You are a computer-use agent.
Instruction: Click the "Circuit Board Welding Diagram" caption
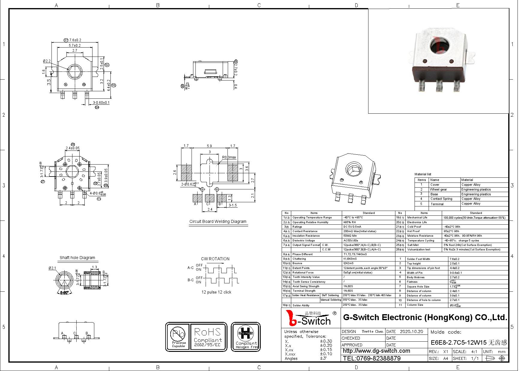[218, 221]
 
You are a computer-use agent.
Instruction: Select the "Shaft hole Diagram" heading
[77, 258]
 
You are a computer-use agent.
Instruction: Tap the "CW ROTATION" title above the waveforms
[215, 259]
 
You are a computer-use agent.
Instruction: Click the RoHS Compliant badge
[208, 337]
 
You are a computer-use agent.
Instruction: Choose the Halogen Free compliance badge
[246, 337]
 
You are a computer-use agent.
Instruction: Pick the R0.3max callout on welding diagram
[229, 157]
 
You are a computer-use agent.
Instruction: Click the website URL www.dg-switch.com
[376, 351]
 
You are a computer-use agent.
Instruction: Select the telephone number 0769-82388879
[372, 358]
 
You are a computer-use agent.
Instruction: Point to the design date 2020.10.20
[412, 332]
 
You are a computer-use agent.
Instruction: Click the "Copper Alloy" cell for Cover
[471, 185]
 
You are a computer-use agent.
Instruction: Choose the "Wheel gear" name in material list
[438, 189]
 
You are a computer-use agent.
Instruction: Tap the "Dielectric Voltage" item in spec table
[304, 241]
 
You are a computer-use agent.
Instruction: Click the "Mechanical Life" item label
[417, 218]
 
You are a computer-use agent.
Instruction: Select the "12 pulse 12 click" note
[216, 292]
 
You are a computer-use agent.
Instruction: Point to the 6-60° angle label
[64, 293]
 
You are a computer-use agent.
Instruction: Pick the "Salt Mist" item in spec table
[413, 245]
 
